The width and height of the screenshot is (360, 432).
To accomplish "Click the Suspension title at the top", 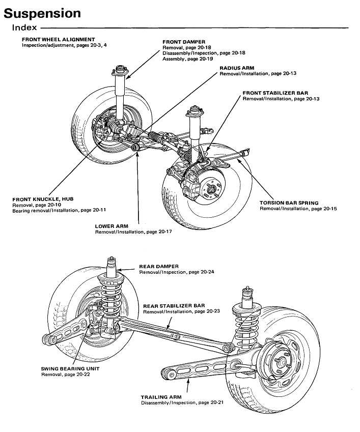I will tap(42, 13).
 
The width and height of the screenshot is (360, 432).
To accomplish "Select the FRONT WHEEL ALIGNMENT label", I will tap(58, 39).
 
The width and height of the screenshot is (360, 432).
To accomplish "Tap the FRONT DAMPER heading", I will tap(183, 42).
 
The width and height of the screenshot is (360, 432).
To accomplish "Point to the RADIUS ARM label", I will tap(237, 68).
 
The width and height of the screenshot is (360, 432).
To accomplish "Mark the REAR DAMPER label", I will tap(157, 266).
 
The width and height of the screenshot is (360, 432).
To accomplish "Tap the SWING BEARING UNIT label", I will tap(70, 368).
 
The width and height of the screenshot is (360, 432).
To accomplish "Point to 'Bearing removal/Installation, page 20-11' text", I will tap(59, 210).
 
